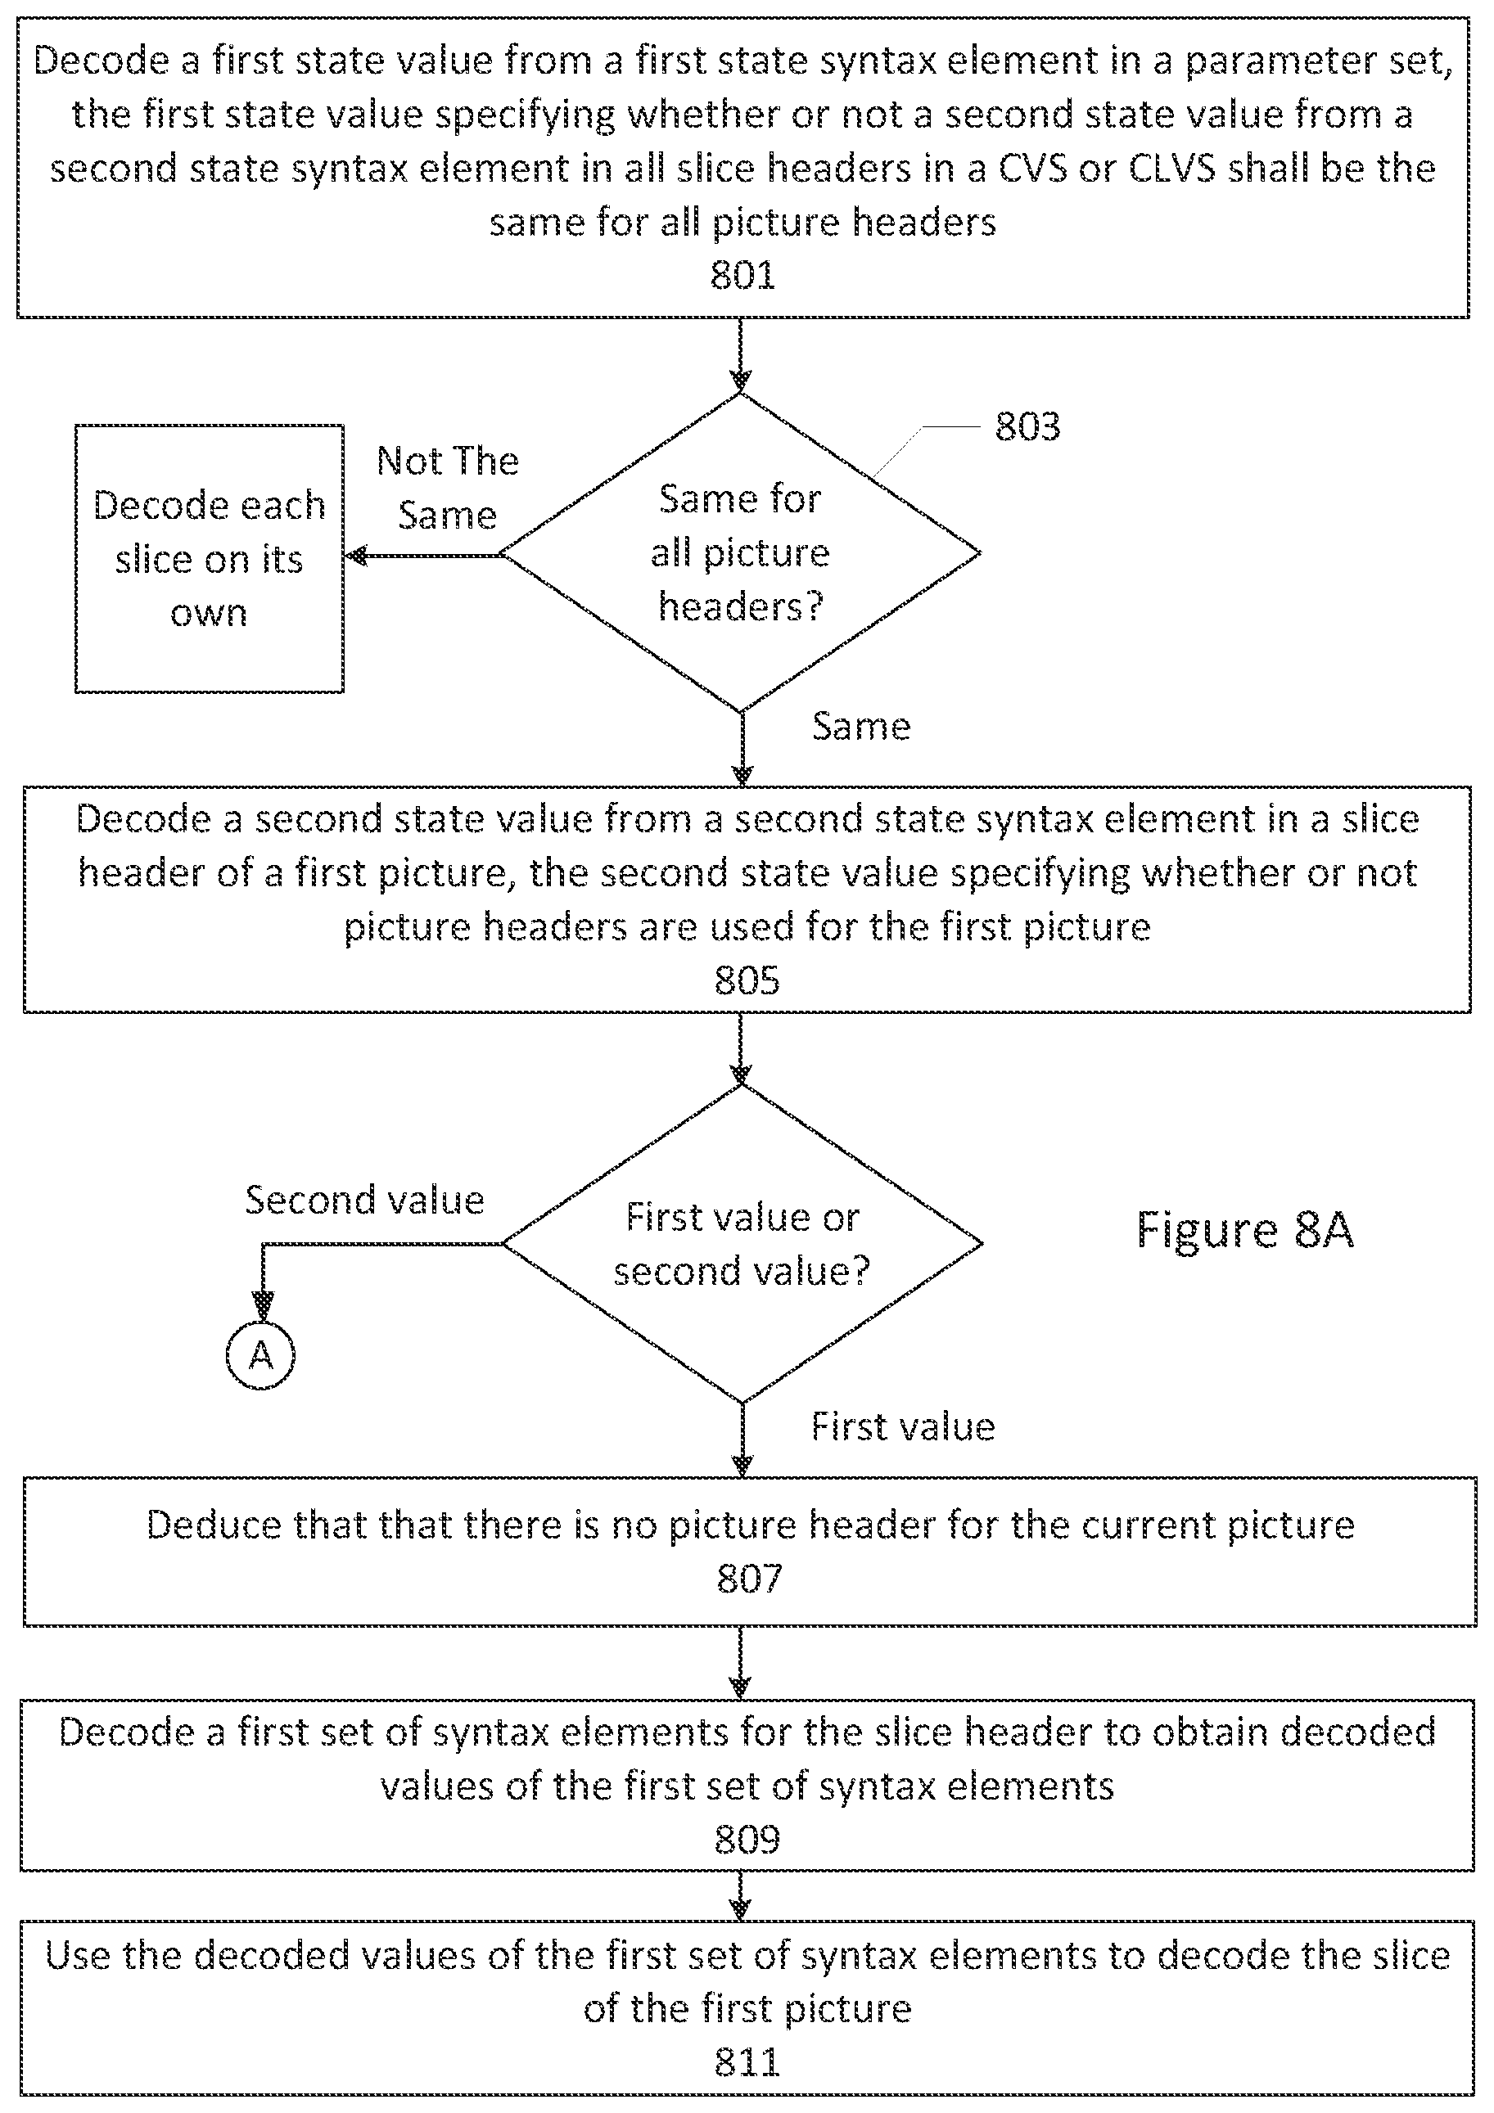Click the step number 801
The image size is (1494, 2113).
coord(742,275)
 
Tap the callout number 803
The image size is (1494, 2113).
coord(1027,427)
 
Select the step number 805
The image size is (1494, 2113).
coord(747,981)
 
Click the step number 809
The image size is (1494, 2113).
coord(747,1840)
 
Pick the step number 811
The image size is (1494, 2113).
coord(747,2062)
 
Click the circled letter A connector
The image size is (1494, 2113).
coord(260,1355)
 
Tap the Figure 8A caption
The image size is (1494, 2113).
coord(1244,1229)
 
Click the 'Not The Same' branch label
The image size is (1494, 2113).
coord(447,488)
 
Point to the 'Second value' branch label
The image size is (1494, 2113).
coord(364,1200)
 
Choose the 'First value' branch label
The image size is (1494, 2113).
coord(903,1426)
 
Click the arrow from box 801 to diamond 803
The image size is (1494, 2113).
coord(740,355)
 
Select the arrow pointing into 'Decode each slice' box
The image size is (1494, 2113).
coord(422,556)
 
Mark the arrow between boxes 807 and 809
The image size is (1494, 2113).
coord(740,1662)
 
